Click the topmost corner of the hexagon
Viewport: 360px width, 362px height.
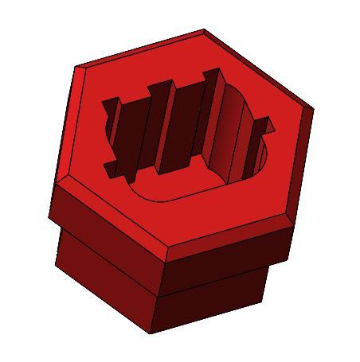[x=204, y=31]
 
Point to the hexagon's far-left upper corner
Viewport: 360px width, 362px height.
[x=76, y=67]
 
